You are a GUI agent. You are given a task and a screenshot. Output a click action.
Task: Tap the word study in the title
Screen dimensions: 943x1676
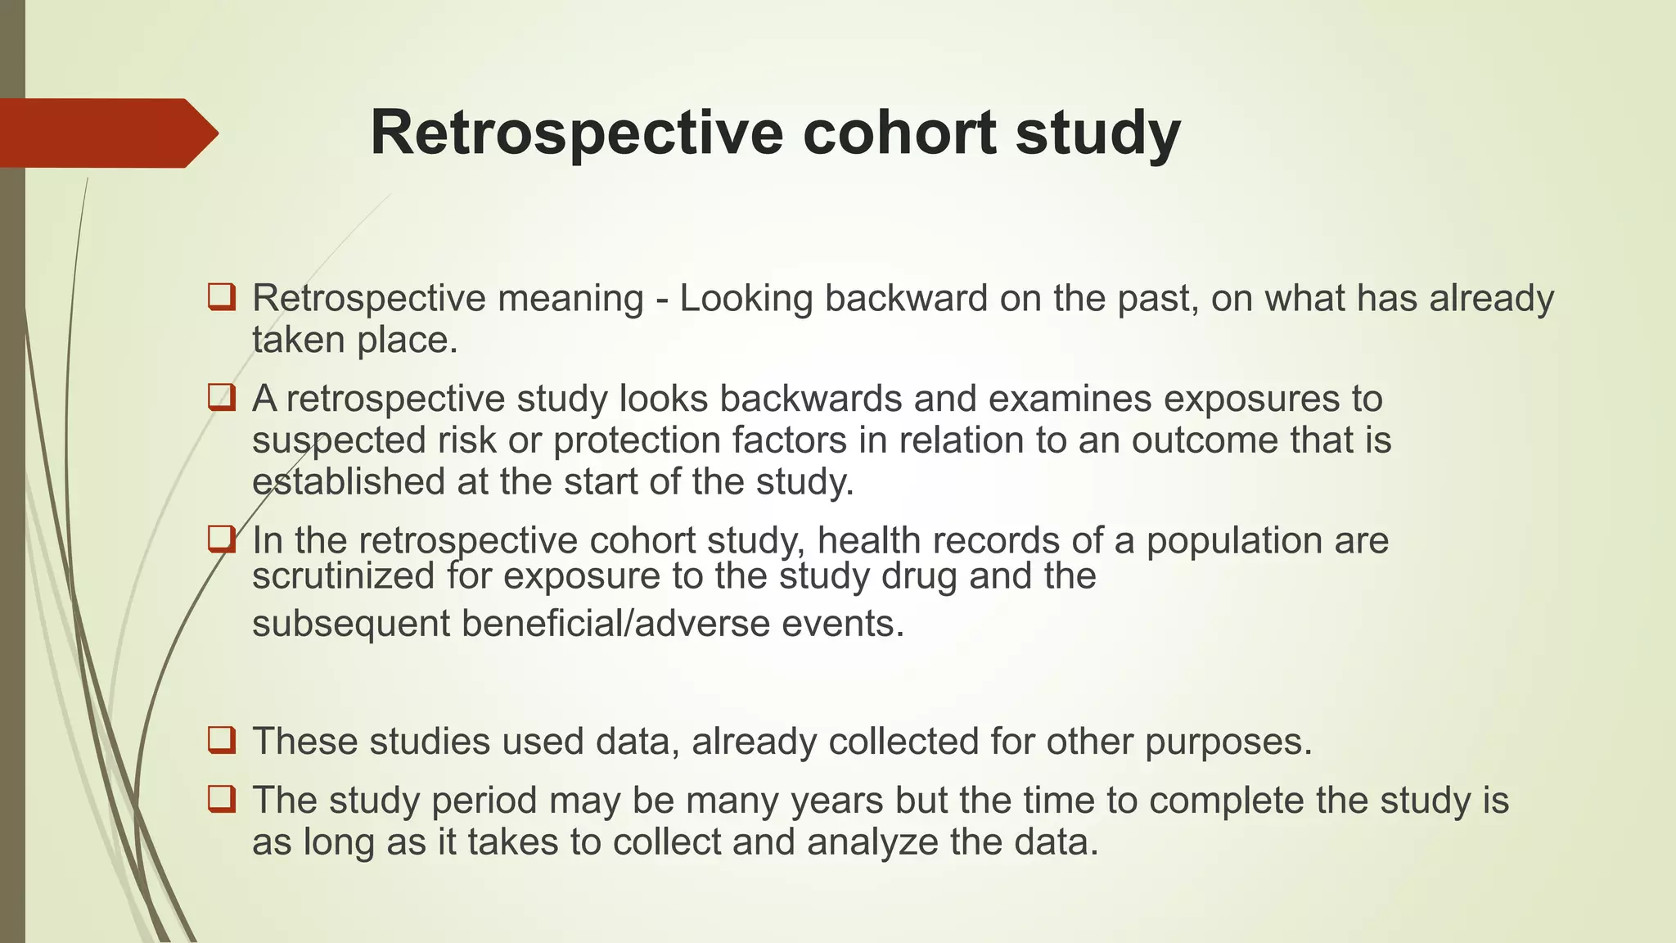(x=1098, y=133)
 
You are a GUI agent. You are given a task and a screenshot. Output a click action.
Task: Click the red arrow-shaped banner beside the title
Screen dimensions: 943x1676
(x=106, y=133)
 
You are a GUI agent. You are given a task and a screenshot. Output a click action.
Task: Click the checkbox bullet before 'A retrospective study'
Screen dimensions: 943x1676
(x=222, y=398)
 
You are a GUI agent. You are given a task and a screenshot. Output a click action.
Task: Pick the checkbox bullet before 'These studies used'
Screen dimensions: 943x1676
(x=222, y=740)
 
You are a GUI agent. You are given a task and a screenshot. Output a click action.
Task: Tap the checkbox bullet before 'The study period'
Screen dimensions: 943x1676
(x=222, y=799)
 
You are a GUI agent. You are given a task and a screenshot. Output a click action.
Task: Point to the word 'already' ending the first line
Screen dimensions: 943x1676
(x=1491, y=298)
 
